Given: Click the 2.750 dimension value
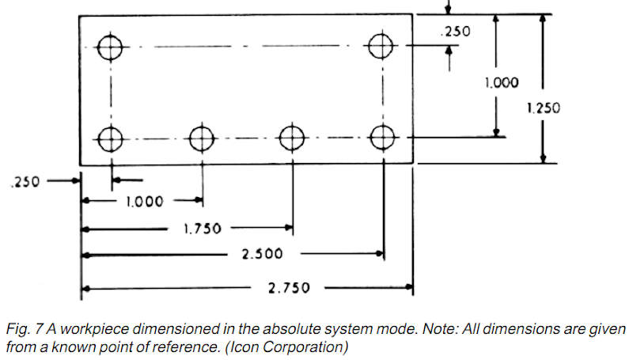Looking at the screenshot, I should [x=288, y=288].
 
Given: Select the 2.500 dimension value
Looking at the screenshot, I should [x=262, y=254].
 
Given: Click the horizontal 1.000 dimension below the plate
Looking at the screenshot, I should [x=144, y=202].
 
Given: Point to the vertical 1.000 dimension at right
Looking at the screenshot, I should [x=502, y=81].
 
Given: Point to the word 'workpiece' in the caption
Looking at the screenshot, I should [x=101, y=328].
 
